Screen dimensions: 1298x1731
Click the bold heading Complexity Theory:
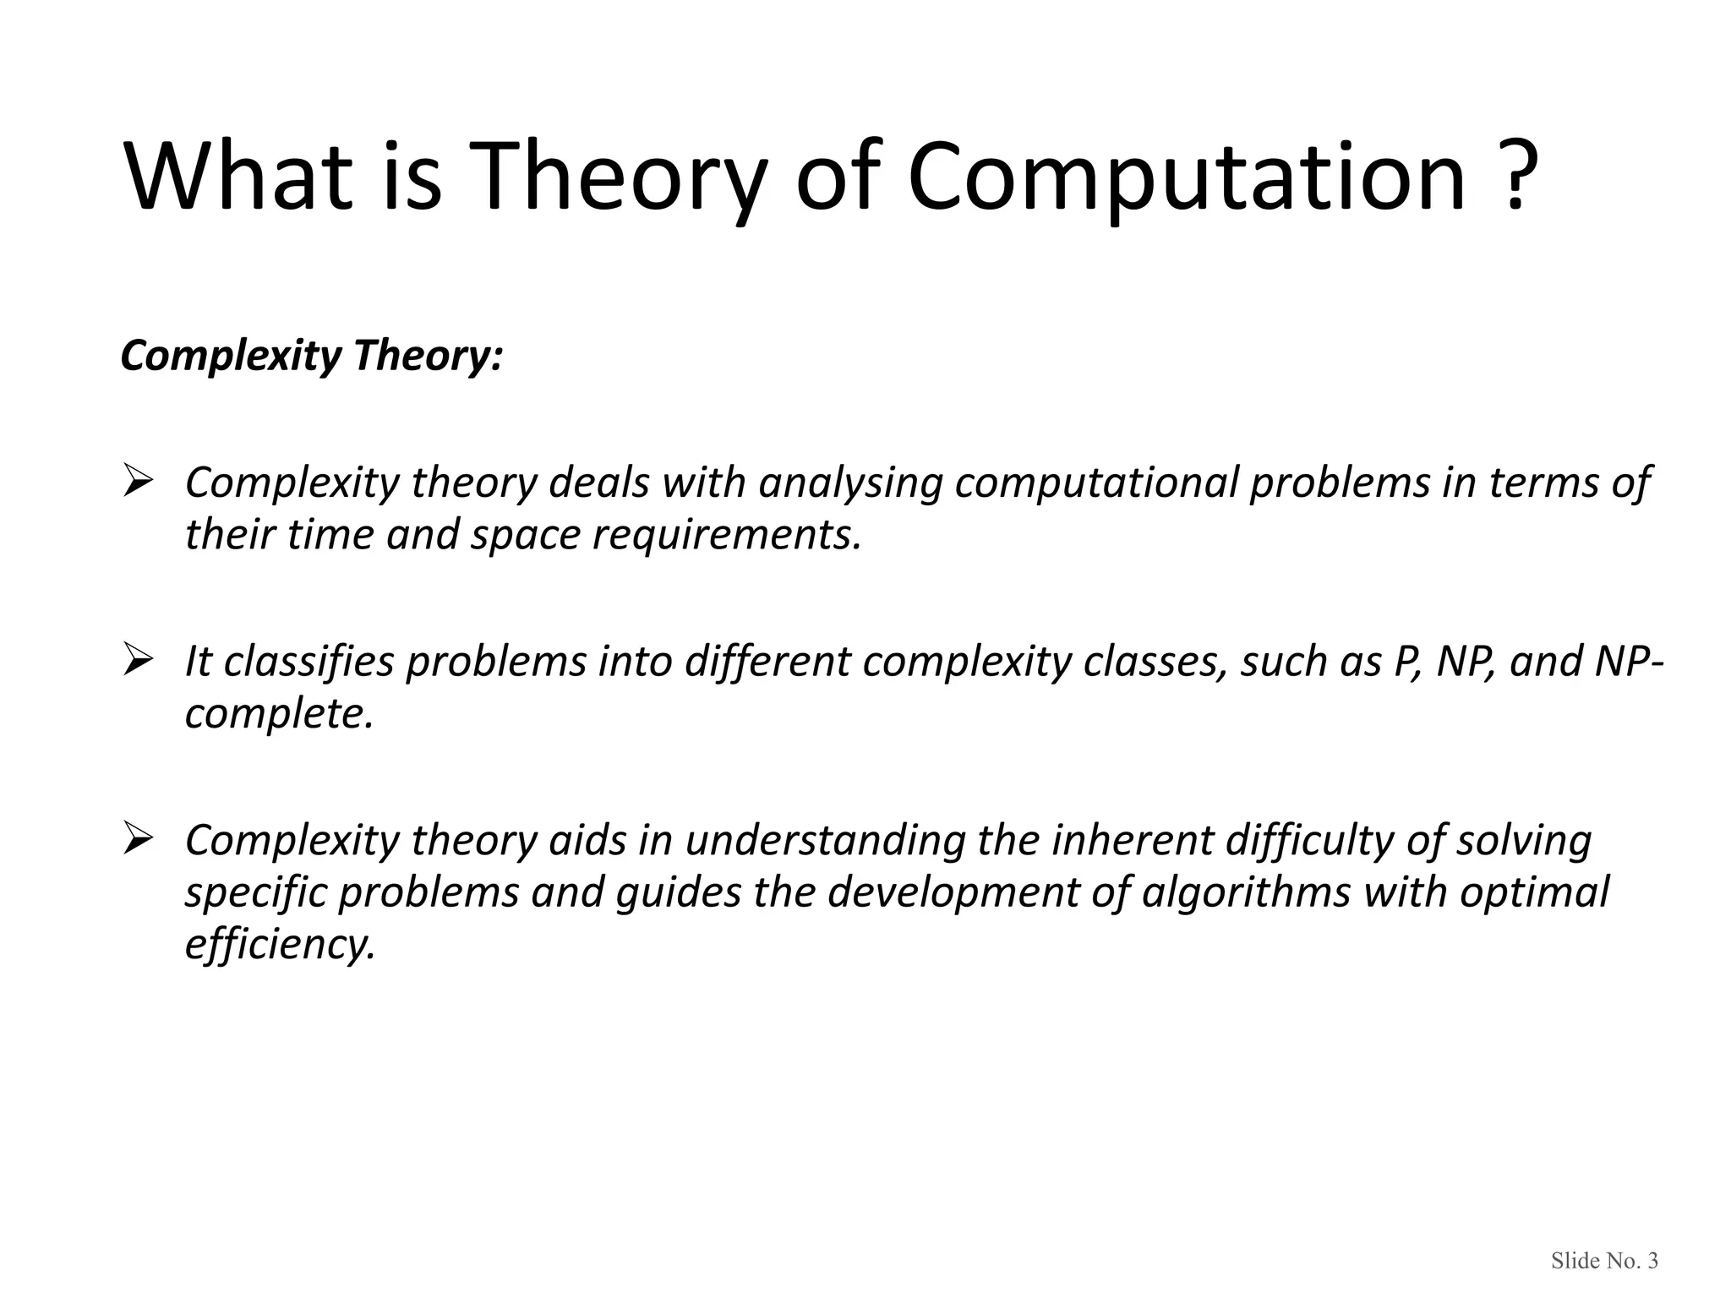pyautogui.click(x=311, y=355)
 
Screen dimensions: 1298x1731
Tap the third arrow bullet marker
pyautogui.click(x=137, y=840)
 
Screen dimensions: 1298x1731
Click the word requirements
pyautogui.click(x=726, y=536)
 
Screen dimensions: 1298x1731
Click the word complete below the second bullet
pyautogui.click(x=277, y=715)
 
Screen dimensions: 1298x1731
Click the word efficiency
pyautogui.click(x=279, y=945)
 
